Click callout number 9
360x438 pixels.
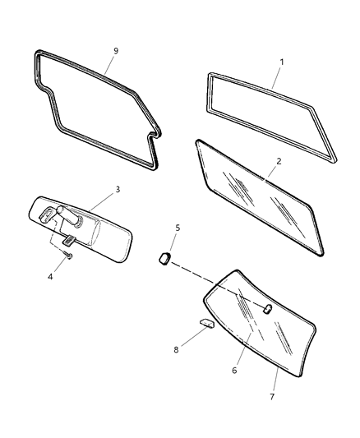(116, 51)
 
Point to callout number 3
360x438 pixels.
(118, 189)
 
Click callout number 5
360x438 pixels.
(177, 227)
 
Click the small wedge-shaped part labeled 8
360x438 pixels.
(206, 322)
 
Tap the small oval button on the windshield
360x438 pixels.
(268, 308)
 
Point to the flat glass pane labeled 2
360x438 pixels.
(259, 197)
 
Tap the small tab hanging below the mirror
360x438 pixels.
(70, 241)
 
